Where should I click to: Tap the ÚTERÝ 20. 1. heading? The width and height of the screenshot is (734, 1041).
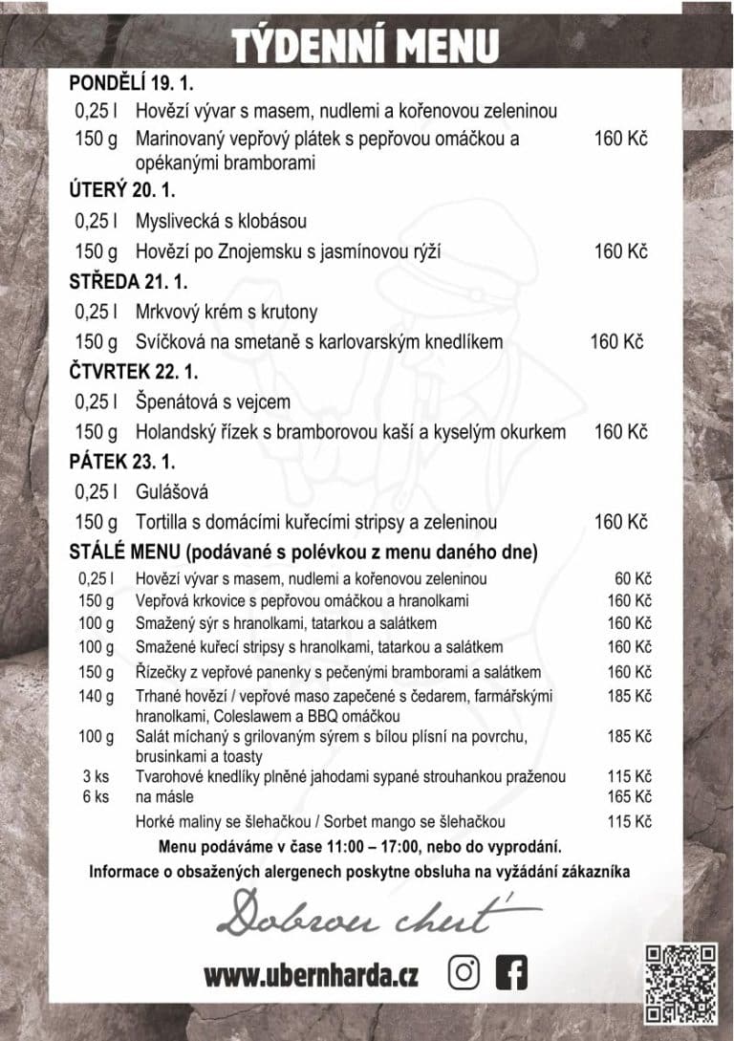(122, 190)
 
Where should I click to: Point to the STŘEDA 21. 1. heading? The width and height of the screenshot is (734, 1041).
(128, 282)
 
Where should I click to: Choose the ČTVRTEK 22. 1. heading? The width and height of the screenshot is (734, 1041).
(134, 372)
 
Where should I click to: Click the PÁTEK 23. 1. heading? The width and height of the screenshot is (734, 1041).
(122, 462)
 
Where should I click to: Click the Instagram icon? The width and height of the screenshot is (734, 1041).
(464, 973)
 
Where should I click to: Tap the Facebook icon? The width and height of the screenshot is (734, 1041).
(511, 973)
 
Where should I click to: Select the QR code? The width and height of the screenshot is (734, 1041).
(680, 982)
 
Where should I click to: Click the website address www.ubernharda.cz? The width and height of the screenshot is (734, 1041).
(311, 976)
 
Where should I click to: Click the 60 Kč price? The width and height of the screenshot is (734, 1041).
(632, 578)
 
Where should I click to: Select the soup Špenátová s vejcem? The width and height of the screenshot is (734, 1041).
(213, 402)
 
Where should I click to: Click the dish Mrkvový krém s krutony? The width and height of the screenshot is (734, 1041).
(227, 312)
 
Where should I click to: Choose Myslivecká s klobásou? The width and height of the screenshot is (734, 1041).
(221, 221)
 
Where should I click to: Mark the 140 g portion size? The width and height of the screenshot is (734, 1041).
(96, 696)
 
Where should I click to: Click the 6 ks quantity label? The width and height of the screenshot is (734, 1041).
(96, 796)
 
